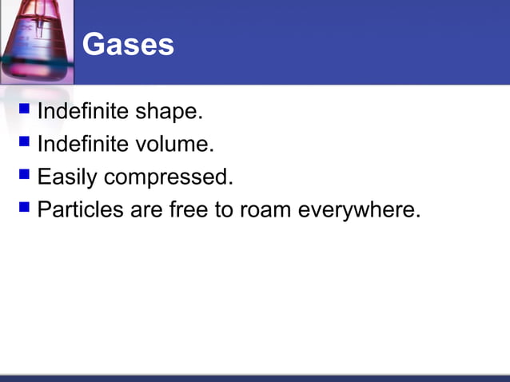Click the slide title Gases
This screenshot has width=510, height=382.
(128, 45)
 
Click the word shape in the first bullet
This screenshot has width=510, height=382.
(169, 112)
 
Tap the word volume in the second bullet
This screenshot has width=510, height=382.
(176, 145)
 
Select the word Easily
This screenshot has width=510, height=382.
(67, 177)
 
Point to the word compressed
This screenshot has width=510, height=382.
(169, 177)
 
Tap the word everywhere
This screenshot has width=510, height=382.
(359, 210)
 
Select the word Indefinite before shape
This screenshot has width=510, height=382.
(83, 112)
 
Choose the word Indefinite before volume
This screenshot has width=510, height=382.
(83, 145)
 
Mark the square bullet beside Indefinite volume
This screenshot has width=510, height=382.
(24, 141)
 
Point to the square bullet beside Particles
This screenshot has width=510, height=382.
(24, 207)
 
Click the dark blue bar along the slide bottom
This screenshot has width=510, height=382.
(255, 377)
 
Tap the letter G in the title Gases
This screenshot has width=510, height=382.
(94, 45)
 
